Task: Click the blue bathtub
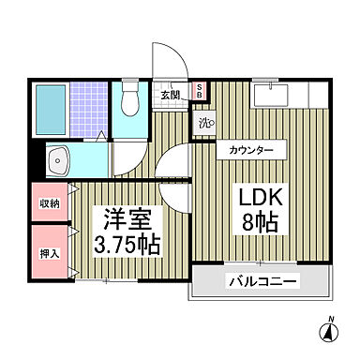tap(52, 112)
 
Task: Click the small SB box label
tap(201, 91)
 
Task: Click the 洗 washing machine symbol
tap(205, 121)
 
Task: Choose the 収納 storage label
tap(50, 203)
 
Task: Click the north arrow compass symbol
tap(330, 332)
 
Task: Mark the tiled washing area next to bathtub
tap(89, 112)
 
